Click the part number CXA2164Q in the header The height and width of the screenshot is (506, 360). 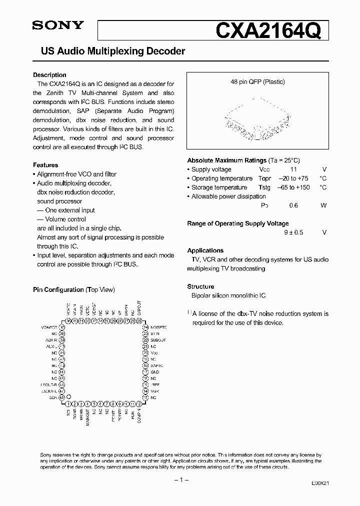(x=271, y=30)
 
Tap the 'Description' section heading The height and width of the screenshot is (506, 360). (x=49, y=75)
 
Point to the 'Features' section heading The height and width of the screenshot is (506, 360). (x=45, y=165)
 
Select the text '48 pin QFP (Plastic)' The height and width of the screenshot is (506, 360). (x=257, y=82)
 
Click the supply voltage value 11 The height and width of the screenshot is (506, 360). (x=294, y=169)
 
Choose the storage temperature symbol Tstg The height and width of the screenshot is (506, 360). (x=264, y=187)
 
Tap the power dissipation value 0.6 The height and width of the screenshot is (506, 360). (x=294, y=205)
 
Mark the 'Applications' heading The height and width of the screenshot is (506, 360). (x=205, y=250)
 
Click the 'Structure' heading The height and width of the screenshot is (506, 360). (x=200, y=286)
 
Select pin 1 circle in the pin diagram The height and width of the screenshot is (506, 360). (x=68, y=403)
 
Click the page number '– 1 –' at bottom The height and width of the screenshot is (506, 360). (x=179, y=480)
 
